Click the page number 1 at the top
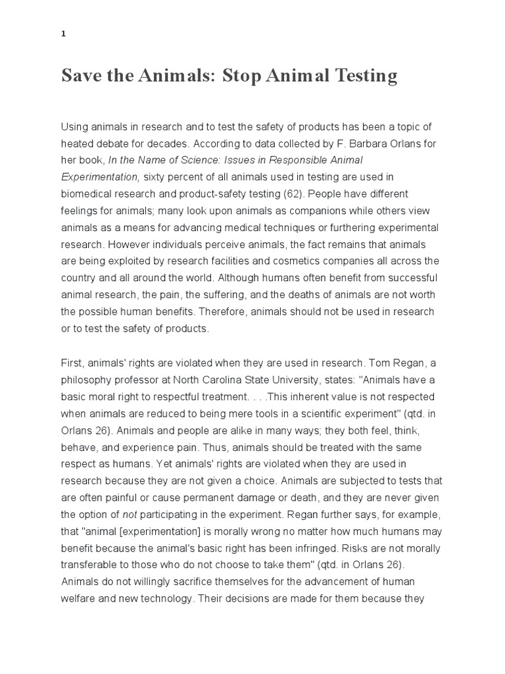(x=63, y=36)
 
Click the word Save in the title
(x=80, y=76)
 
